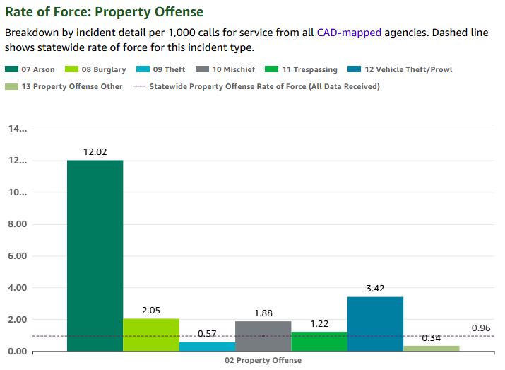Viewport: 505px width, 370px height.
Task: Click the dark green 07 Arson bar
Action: (95, 255)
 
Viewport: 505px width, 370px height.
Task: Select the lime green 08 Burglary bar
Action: (151, 335)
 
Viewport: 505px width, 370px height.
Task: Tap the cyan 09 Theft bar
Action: (207, 347)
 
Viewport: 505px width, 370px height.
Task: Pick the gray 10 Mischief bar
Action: (263, 336)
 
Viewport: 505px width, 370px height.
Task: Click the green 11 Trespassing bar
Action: (319, 341)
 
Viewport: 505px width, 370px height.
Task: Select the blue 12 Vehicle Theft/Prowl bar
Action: (375, 324)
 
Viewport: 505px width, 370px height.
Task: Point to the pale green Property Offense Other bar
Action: (432, 348)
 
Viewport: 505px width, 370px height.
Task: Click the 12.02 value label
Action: (95, 151)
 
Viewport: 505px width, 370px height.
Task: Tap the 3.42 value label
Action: (375, 288)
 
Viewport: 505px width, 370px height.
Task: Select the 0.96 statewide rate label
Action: (481, 328)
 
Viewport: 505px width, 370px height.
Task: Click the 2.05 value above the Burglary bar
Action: (151, 311)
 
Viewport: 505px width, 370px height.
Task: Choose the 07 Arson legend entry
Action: (30, 69)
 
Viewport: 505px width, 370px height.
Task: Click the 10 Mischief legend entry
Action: (225, 69)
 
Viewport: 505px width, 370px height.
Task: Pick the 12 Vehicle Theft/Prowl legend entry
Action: (400, 69)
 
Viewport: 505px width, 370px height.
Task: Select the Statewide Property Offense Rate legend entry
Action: (256, 86)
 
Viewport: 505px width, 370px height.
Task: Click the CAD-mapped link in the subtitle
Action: (349, 33)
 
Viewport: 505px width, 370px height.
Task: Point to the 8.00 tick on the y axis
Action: (18, 224)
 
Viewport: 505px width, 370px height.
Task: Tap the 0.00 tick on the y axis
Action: (18, 352)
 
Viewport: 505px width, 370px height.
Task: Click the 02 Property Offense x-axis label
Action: (263, 360)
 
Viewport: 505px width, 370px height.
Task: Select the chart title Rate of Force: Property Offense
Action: (105, 12)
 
